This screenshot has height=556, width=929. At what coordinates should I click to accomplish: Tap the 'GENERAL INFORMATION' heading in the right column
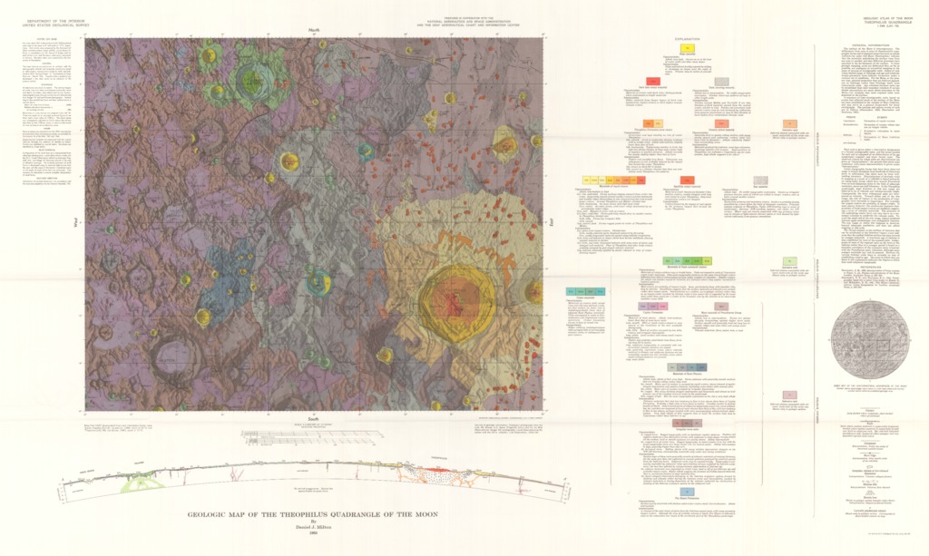click(868, 42)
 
